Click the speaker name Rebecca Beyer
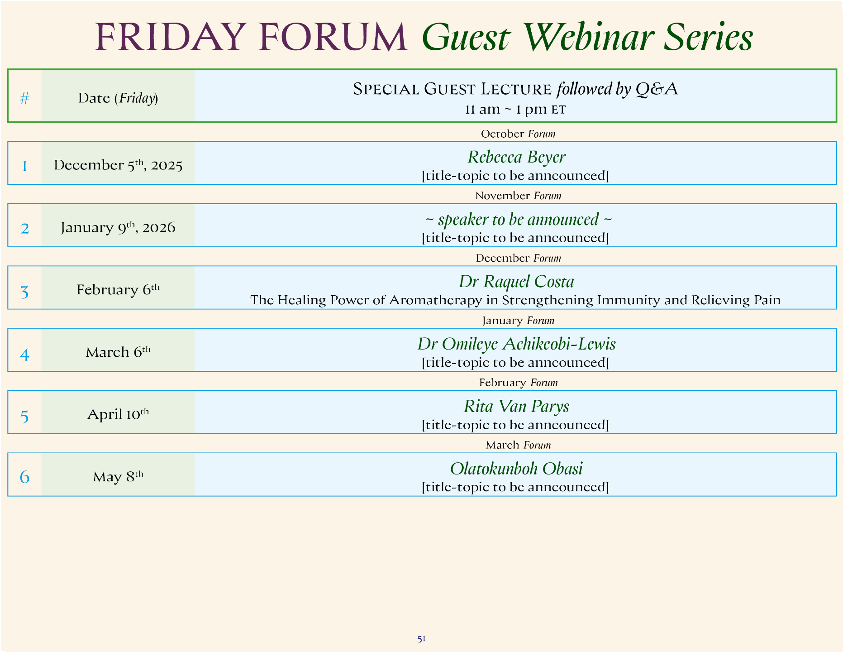[x=516, y=157]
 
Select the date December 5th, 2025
[x=118, y=165]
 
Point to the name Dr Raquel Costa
[x=516, y=282]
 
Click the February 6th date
[x=118, y=289]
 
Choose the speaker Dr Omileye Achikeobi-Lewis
[x=516, y=344]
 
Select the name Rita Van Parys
[x=516, y=406]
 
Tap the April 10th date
[x=118, y=413]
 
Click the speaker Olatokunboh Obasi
[x=516, y=469]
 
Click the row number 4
[x=24, y=354]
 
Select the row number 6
[x=24, y=477]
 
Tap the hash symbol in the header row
[x=24, y=98]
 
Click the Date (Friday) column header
[x=118, y=98]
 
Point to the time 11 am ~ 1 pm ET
[x=515, y=110]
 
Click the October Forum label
[x=518, y=134]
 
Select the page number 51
[x=421, y=638]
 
